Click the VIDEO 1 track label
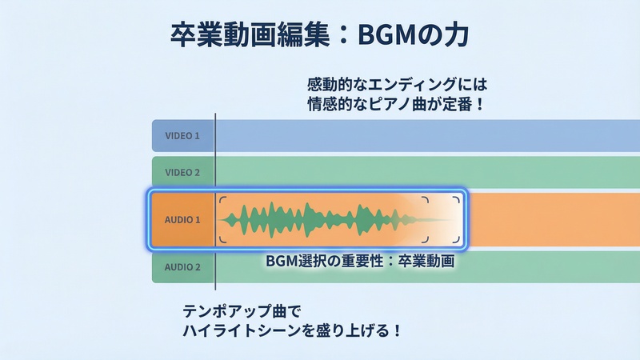point(182,136)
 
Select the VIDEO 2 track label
point(182,172)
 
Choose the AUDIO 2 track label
point(182,266)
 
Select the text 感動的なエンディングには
point(397,84)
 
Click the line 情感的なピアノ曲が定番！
point(397,103)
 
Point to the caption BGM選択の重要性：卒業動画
point(360,261)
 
